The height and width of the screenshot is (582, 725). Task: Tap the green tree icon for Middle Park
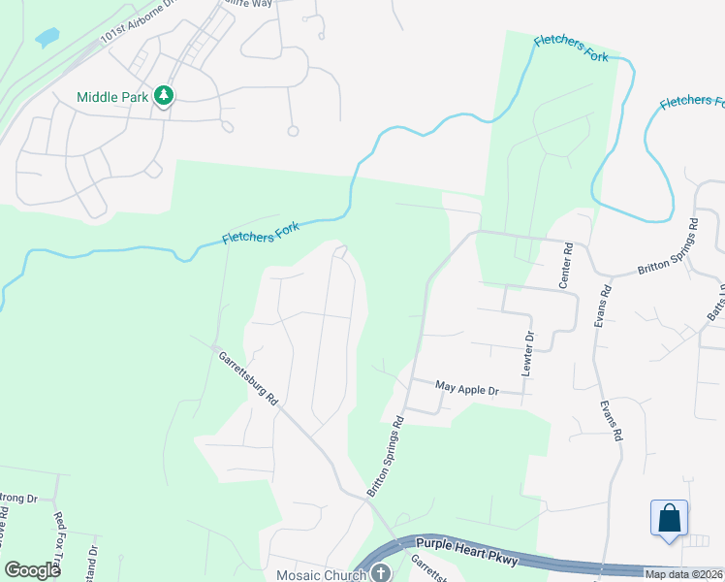pos(165,96)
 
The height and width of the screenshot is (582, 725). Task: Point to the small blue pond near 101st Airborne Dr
pos(46,40)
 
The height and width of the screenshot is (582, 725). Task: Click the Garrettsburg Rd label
pos(248,377)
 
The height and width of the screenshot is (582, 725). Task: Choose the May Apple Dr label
pos(466,389)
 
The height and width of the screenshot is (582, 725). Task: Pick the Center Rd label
pos(568,260)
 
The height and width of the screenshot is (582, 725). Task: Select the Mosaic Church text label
pos(323,574)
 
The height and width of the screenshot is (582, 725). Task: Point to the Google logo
pos(33,570)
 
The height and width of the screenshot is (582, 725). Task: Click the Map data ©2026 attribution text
pos(683,574)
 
